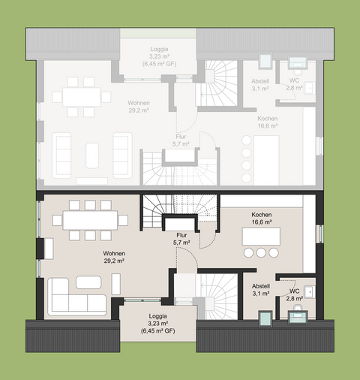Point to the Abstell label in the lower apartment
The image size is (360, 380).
tap(260, 289)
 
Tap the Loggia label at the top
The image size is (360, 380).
tap(157, 50)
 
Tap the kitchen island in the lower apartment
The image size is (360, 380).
tap(261, 236)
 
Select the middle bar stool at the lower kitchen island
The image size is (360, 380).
tap(261, 253)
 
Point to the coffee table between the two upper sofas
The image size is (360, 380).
tap(92, 155)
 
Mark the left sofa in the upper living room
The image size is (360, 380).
tap(61, 155)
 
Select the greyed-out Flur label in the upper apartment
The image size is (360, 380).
tap(180, 140)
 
